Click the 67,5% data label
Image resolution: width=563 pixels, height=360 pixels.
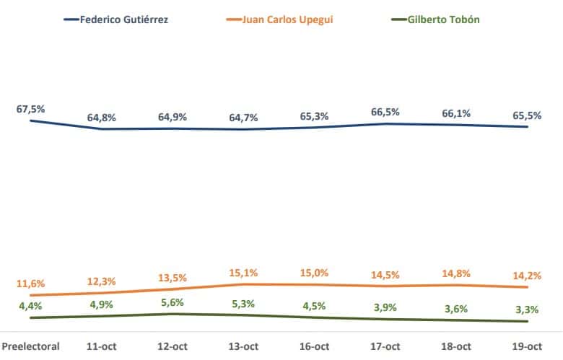click(x=31, y=109)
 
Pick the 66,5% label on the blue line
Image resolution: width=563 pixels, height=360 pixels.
click(x=384, y=112)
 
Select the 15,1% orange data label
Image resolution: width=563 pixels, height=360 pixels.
click(x=243, y=273)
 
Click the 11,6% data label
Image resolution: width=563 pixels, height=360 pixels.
click(x=31, y=283)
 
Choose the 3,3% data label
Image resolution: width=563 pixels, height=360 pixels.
click(x=526, y=309)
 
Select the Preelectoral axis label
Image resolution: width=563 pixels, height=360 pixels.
click(x=31, y=346)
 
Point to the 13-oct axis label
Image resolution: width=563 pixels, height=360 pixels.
click(x=243, y=346)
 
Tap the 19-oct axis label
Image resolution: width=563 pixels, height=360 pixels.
click(x=526, y=346)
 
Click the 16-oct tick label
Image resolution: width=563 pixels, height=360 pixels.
click(x=314, y=346)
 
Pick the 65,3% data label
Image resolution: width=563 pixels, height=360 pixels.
click(x=314, y=115)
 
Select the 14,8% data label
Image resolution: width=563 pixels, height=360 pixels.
click(x=455, y=273)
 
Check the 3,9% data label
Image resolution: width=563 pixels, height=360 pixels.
click(x=384, y=307)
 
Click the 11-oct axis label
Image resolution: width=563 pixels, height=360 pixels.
click(x=102, y=346)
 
